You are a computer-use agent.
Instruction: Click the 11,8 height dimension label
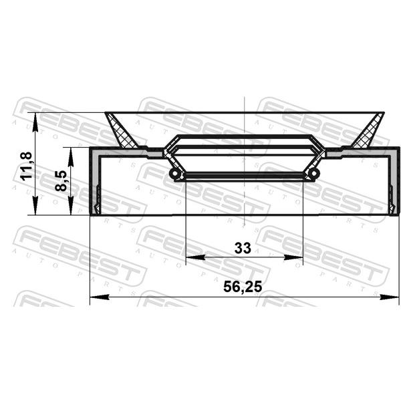(x=26, y=166)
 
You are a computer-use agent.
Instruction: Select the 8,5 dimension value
(x=61, y=181)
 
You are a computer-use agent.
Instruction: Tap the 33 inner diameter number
(x=243, y=248)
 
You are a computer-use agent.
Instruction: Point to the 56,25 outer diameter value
(x=243, y=287)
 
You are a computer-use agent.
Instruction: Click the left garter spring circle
(x=174, y=174)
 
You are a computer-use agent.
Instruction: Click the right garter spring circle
(x=314, y=174)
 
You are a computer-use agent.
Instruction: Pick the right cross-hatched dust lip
(x=368, y=132)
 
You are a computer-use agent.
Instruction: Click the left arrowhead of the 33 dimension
(x=195, y=257)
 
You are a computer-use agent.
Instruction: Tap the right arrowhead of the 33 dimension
(x=293, y=257)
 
